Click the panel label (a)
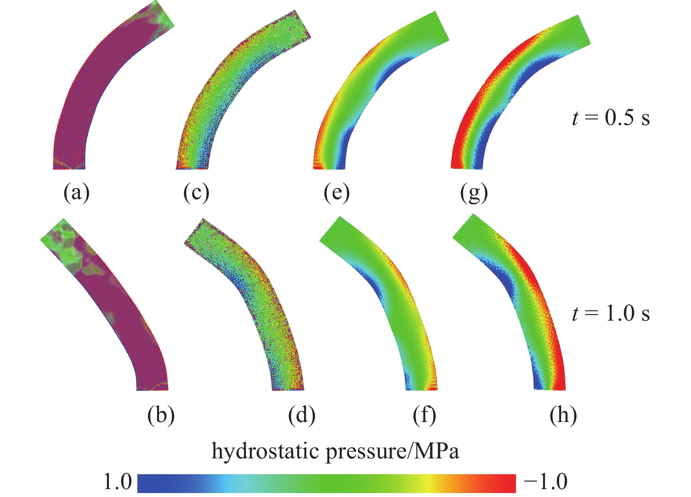[x=76, y=193]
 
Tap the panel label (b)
[x=161, y=415]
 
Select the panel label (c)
[x=196, y=193]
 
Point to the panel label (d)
[x=302, y=415]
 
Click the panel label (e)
[x=337, y=193]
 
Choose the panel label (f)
[x=425, y=415]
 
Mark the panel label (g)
[x=474, y=193]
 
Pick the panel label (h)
[x=563, y=415]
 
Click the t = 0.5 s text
[x=611, y=118]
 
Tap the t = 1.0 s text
[x=611, y=313]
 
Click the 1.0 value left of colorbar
[x=117, y=482]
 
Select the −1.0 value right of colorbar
[x=545, y=482]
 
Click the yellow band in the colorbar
[x=425, y=483]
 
